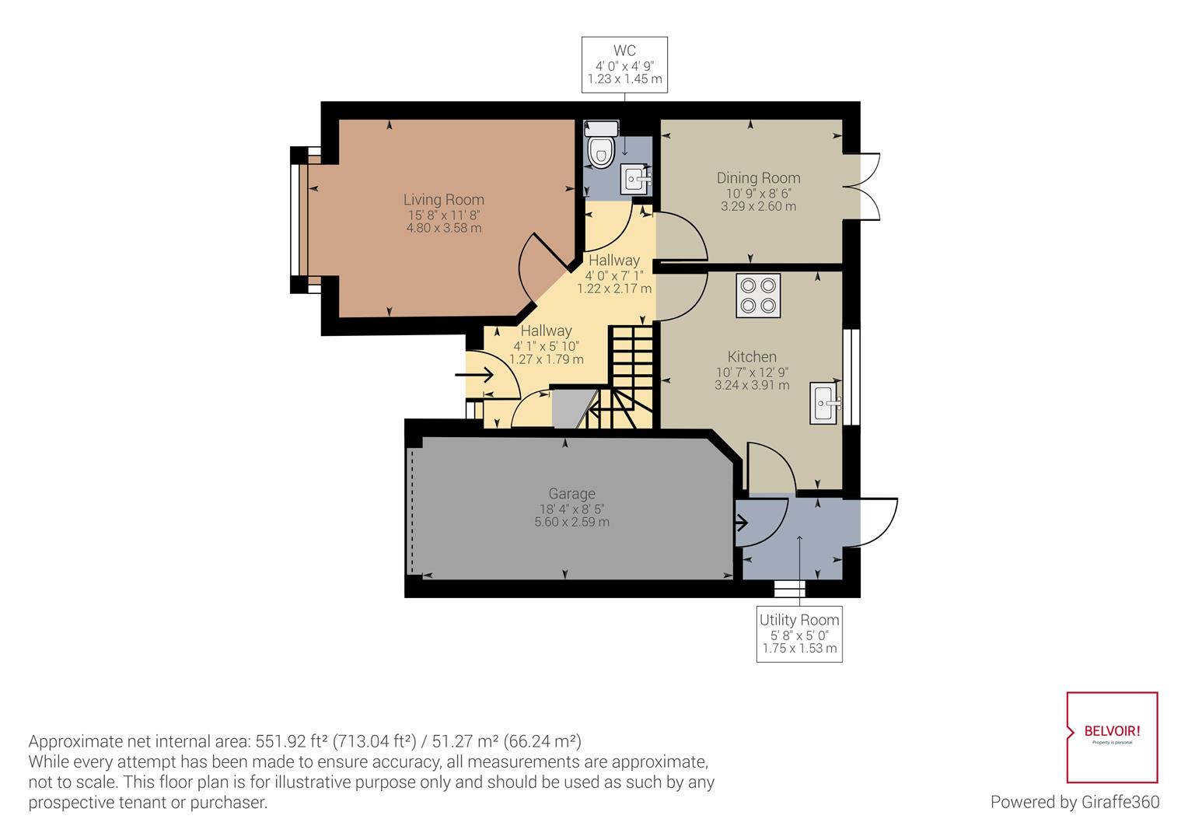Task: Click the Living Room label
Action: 444,200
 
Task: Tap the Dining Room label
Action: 758,178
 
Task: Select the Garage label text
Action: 571,494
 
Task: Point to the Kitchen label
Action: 752,356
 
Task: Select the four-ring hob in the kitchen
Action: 758,296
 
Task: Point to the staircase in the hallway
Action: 620,377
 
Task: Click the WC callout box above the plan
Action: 625,65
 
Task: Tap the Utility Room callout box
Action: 799,634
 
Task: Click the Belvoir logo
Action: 1112,737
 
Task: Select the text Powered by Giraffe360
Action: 1075,802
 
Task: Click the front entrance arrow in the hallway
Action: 475,375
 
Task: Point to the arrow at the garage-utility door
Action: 742,523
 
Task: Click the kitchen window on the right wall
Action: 851,377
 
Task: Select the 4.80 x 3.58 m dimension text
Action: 444,228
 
